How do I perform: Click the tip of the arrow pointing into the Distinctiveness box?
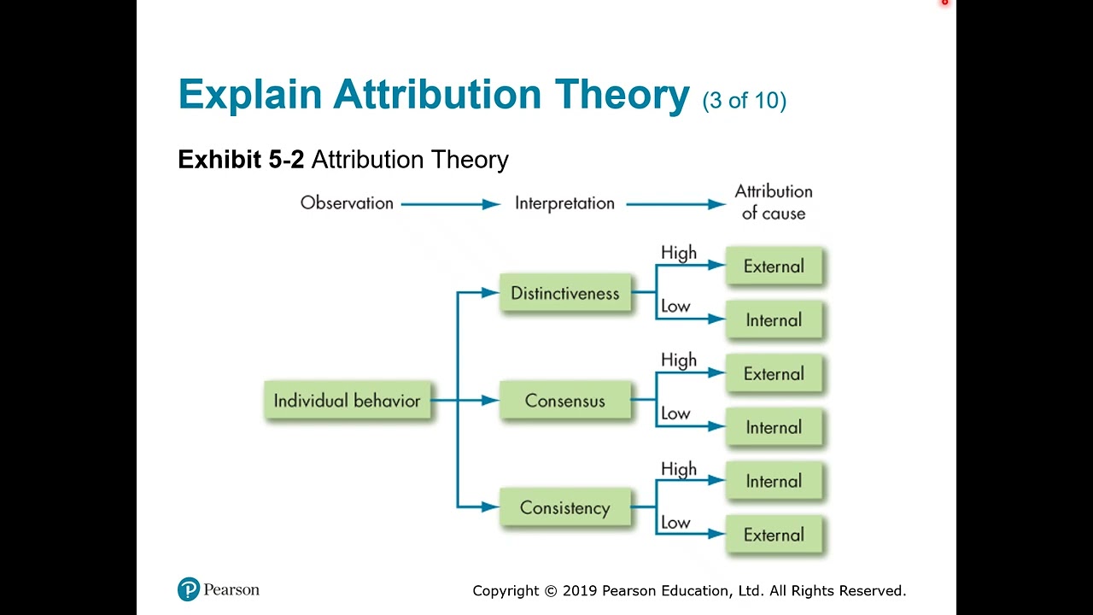(500, 292)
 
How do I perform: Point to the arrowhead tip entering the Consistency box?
(500, 507)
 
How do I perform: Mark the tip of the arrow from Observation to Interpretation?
(500, 204)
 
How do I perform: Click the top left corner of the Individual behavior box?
(265, 382)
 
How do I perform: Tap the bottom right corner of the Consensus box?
(630, 419)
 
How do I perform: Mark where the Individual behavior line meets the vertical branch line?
(457, 401)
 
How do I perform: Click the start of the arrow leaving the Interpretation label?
(627, 204)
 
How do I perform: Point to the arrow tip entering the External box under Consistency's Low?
(726, 534)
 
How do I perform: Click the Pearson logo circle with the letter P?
(189, 589)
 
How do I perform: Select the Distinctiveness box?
(565, 292)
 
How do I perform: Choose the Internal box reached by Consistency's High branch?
(774, 481)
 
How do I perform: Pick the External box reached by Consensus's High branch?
(774, 373)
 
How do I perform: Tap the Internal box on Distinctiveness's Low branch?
(774, 319)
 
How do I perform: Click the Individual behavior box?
(348, 401)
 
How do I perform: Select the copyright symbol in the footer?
(551, 591)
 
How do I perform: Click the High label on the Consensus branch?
(679, 360)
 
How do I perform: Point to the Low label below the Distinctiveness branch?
(675, 306)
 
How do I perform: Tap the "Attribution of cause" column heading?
(774, 202)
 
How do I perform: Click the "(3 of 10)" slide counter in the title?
(745, 100)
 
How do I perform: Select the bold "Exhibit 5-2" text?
(241, 159)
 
